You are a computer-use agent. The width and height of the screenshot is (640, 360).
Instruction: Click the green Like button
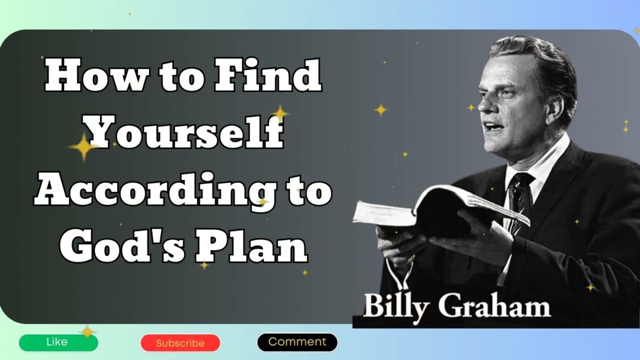(58, 342)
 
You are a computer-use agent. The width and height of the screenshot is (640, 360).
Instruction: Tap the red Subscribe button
(180, 343)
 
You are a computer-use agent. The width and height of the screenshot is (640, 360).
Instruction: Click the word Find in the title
(268, 76)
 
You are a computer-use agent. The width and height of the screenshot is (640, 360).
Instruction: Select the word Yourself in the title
(184, 132)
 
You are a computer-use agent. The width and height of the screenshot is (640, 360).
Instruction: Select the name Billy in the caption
(395, 306)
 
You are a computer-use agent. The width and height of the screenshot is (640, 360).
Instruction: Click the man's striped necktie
(519, 200)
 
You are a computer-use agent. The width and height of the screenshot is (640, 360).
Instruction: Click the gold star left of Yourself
(82, 146)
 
